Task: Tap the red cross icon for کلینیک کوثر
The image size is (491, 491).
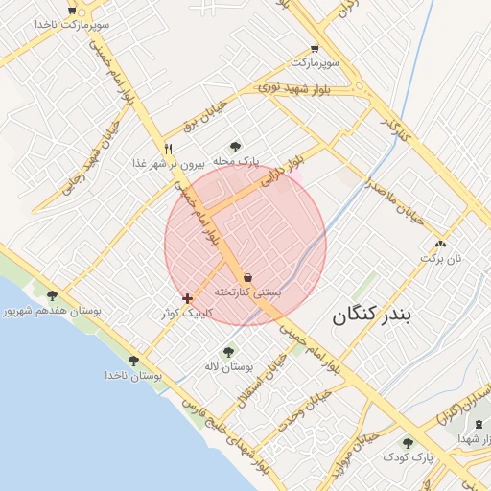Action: (187, 298)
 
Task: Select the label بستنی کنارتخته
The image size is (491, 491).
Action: (247, 291)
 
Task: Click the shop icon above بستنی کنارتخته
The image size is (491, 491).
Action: (248, 276)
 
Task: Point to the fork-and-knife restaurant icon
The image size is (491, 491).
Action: (169, 149)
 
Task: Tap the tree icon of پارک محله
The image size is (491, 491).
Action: (236, 147)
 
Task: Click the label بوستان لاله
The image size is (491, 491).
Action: (229, 367)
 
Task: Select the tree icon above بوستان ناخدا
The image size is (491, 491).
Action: (133, 361)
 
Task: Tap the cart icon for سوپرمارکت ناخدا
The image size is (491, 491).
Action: (72, 11)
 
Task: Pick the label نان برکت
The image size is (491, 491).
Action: (444, 259)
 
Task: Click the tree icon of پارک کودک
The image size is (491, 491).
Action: (408, 443)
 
